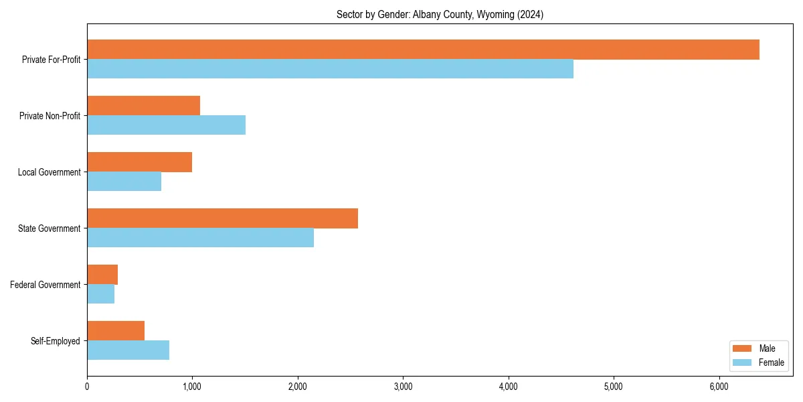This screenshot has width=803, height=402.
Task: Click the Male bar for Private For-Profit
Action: pyautogui.click(x=423, y=50)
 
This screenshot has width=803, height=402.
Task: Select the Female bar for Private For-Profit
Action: pyautogui.click(x=330, y=69)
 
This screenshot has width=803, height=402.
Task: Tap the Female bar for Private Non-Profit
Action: pyautogui.click(x=166, y=125)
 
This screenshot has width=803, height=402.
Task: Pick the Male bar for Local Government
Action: pyautogui.click(x=139, y=162)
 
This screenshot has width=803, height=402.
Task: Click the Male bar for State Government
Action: pyautogui.click(x=222, y=218)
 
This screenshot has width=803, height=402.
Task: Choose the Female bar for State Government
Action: pyautogui.click(x=200, y=238)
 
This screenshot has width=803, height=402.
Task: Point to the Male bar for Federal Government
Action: pyautogui.click(x=102, y=275)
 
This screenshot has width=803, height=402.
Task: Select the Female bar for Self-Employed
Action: pyautogui.click(x=128, y=350)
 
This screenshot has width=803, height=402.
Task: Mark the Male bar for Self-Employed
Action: pyautogui.click(x=116, y=331)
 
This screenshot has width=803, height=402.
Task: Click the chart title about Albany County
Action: pyautogui.click(x=440, y=15)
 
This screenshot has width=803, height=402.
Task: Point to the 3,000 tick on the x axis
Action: pyautogui.click(x=403, y=387)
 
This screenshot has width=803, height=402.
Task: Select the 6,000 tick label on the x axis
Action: pyautogui.click(x=719, y=387)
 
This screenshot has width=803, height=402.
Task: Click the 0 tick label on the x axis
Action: pyautogui.click(x=87, y=387)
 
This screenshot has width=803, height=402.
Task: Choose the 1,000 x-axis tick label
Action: pyautogui.click(x=192, y=387)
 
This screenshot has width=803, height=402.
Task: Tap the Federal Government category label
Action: pyautogui.click(x=46, y=285)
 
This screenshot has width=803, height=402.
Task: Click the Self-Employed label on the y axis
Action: pyautogui.click(x=56, y=341)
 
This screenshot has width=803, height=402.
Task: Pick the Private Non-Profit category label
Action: pyautogui.click(x=50, y=116)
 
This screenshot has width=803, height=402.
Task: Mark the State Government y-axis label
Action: pyautogui.click(x=49, y=228)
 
